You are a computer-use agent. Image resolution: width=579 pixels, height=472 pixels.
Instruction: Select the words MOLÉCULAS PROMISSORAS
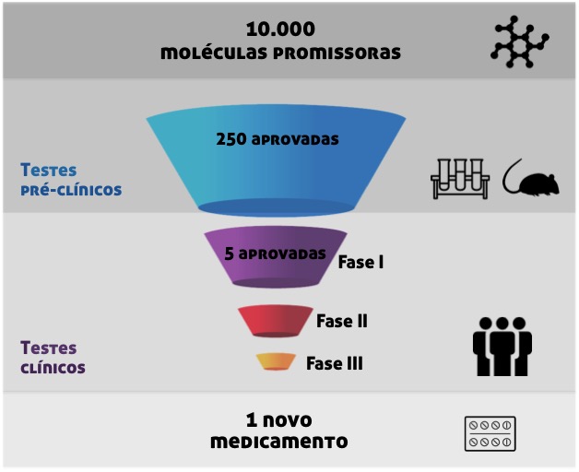280,53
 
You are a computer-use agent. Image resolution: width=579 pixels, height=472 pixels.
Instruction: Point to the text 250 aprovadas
278,140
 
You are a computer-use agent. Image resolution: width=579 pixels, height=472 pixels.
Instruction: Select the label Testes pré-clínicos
70,180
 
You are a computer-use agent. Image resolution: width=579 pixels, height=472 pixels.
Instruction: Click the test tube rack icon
458,179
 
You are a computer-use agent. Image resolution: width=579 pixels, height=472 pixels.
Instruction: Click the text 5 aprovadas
275,252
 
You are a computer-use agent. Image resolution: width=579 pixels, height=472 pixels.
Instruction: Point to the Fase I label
360,262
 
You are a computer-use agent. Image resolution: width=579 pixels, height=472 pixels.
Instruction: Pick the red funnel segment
274,320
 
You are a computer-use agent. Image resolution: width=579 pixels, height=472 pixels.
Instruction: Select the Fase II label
342,321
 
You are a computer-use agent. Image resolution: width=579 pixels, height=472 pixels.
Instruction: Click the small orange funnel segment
276,361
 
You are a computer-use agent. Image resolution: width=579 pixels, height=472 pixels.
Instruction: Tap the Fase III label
334,363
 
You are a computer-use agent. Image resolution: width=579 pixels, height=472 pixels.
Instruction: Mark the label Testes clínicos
53,358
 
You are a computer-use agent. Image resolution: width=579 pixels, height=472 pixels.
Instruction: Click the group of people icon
502,346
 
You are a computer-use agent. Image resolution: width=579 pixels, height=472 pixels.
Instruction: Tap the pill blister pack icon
490,432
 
